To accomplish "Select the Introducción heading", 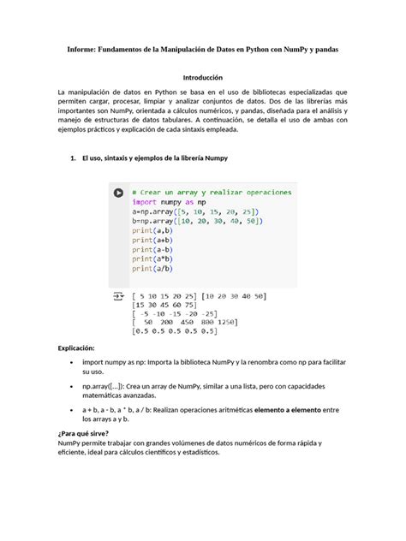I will [202, 77].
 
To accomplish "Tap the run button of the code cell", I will [119, 194].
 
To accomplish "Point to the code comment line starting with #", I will [212, 192].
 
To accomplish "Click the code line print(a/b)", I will [152, 269].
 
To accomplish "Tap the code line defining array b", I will [197, 221].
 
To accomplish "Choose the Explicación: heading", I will [81, 350].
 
